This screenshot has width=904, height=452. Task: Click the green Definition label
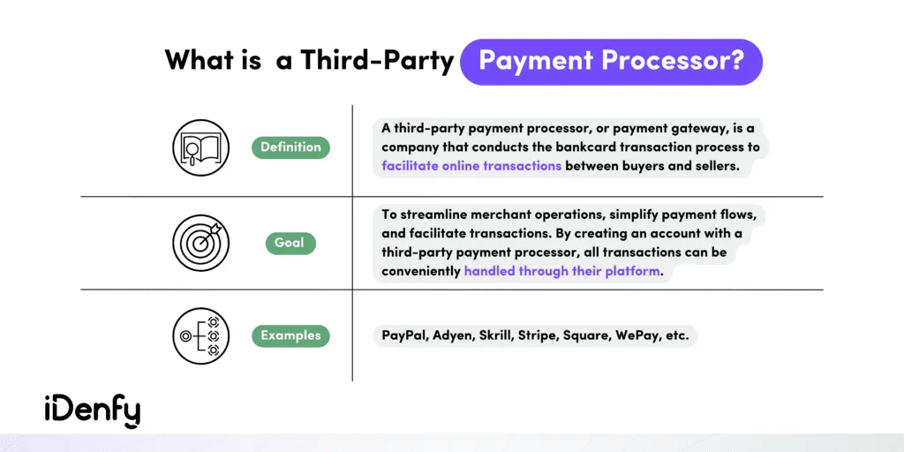click(x=290, y=147)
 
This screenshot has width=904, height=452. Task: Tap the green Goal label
click(x=290, y=243)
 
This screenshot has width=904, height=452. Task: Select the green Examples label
click(x=290, y=335)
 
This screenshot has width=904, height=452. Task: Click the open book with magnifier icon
click(x=200, y=147)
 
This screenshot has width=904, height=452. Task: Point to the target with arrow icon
click(x=200, y=240)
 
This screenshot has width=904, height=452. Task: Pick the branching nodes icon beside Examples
click(x=200, y=335)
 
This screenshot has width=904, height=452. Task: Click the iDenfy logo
click(x=92, y=410)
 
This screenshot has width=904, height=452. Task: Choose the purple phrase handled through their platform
click(x=561, y=271)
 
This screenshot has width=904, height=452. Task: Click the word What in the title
click(x=197, y=62)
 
